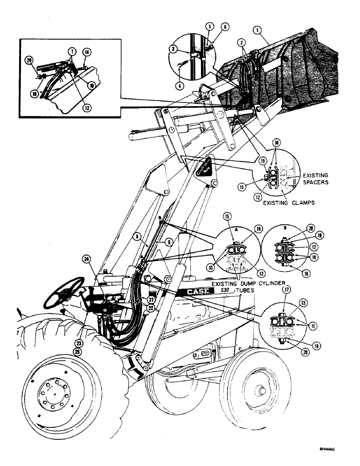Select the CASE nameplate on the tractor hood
click(197, 293)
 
